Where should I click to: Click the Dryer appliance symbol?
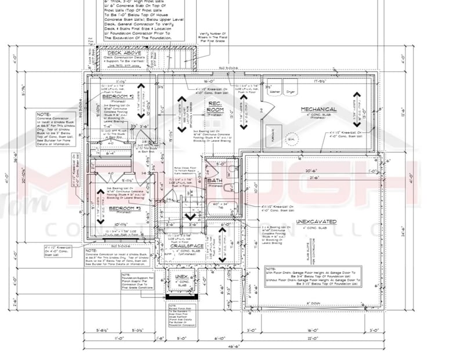click(290, 92)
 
